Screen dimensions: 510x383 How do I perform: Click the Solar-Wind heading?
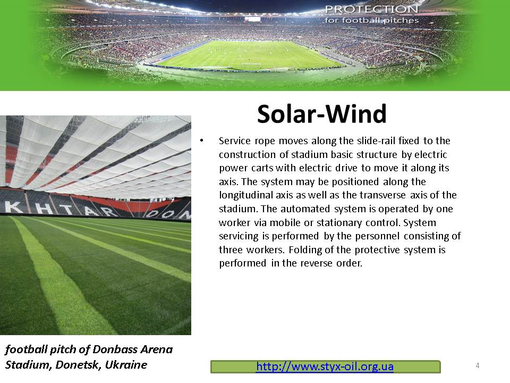point(322,114)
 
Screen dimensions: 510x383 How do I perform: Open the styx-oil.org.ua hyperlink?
point(325,367)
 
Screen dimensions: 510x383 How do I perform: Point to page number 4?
point(478,365)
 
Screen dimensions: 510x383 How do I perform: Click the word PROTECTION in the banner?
point(371,9)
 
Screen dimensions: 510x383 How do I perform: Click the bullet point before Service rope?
point(202,140)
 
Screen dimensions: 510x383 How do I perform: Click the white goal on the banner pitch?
point(251,65)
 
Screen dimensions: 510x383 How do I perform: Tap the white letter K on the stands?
point(11,207)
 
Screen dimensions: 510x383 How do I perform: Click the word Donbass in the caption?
point(115,349)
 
